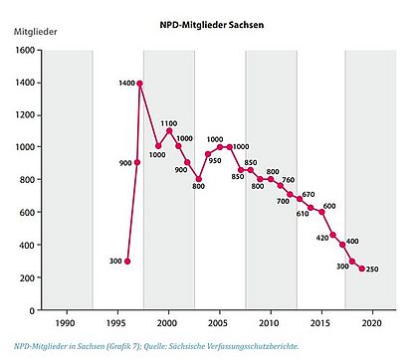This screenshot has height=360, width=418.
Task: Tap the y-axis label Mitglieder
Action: (x=34, y=32)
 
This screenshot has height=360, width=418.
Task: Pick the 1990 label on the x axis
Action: (x=65, y=324)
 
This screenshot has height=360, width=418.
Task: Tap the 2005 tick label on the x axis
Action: (x=218, y=324)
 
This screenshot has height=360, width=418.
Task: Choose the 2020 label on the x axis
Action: (x=371, y=324)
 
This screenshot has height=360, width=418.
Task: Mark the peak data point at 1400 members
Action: (x=139, y=83)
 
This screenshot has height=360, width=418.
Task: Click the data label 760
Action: (x=288, y=180)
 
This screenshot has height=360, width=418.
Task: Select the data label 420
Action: (x=322, y=239)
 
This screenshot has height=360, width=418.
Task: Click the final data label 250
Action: (x=373, y=269)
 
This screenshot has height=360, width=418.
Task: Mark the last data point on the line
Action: (x=361, y=269)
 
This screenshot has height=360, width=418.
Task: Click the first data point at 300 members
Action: (x=127, y=261)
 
